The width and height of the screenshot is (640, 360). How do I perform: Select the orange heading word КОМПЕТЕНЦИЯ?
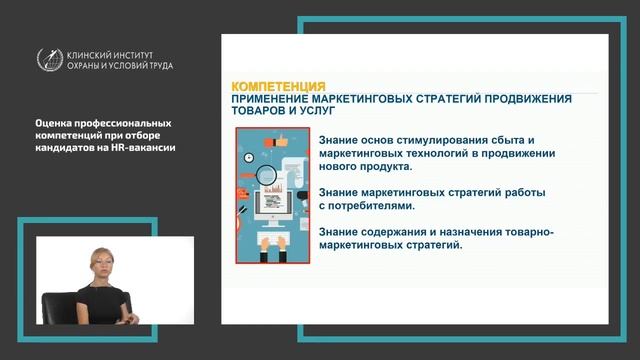pos(278,86)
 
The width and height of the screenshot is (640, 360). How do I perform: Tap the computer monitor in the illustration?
pos(269,205)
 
